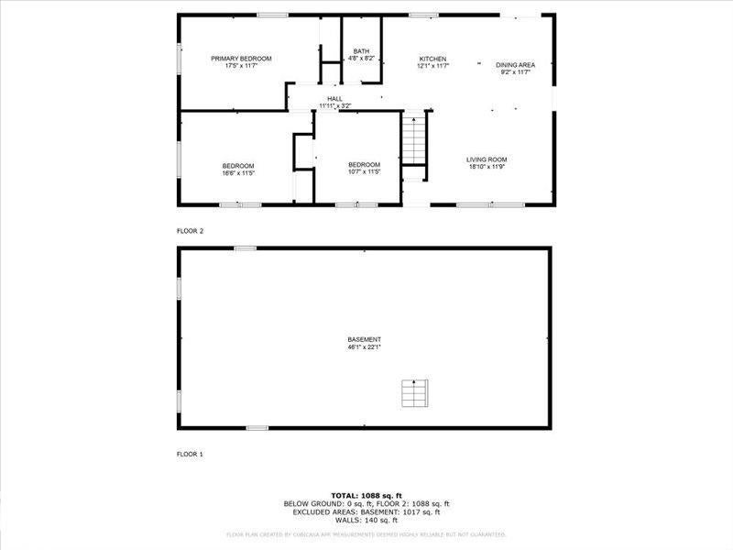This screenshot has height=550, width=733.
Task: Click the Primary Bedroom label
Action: pyautogui.click(x=241, y=59)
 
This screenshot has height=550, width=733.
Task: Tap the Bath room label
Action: pyautogui.click(x=361, y=51)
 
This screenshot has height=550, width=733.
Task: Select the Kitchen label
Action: pyautogui.click(x=432, y=59)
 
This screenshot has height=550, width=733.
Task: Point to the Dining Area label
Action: pyautogui.click(x=515, y=65)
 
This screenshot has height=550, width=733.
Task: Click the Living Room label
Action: pyautogui.click(x=487, y=159)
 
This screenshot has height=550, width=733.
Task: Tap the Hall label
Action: pyautogui.click(x=334, y=99)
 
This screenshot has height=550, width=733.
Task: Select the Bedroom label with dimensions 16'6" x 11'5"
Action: pyautogui.click(x=237, y=165)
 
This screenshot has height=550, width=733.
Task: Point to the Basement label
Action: pyautogui.click(x=364, y=340)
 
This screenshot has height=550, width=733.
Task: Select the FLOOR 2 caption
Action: pyautogui.click(x=190, y=231)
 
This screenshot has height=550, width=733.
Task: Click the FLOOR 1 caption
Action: pyautogui.click(x=190, y=454)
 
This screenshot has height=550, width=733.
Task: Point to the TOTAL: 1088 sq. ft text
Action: pyautogui.click(x=366, y=495)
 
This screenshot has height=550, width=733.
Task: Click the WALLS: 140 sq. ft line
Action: pyautogui.click(x=366, y=520)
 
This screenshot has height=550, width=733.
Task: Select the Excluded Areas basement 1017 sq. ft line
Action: pyautogui.click(x=366, y=511)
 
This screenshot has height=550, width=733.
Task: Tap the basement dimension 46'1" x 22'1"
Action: pyautogui.click(x=364, y=347)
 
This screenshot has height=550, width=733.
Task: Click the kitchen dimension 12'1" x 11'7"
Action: pyautogui.click(x=432, y=66)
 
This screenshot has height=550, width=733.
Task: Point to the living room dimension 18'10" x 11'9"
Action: pyautogui.click(x=487, y=167)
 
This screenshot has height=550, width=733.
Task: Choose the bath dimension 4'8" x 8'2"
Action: pyautogui.click(x=361, y=59)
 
